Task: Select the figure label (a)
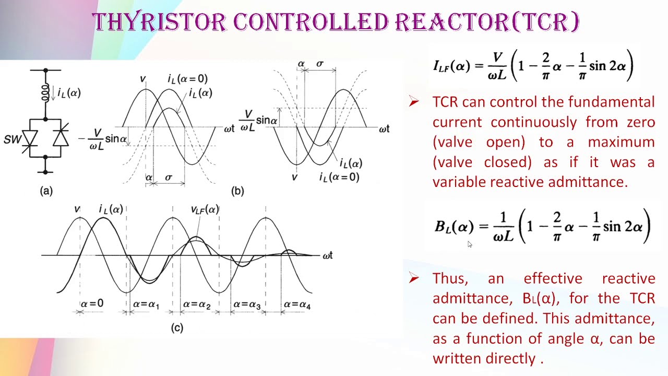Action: tap(46, 191)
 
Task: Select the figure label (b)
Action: tap(237, 191)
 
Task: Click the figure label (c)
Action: tap(177, 328)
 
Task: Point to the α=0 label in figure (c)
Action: tap(92, 303)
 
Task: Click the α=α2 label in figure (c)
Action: tap(197, 304)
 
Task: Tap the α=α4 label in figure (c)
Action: tap(297, 304)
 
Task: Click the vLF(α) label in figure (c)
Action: tap(205, 210)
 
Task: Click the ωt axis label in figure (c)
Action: tap(327, 255)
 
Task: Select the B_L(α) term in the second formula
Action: tap(454, 227)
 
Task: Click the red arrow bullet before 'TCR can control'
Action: tap(414, 102)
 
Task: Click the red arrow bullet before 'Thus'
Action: tap(414, 278)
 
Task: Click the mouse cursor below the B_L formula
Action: tap(470, 244)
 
